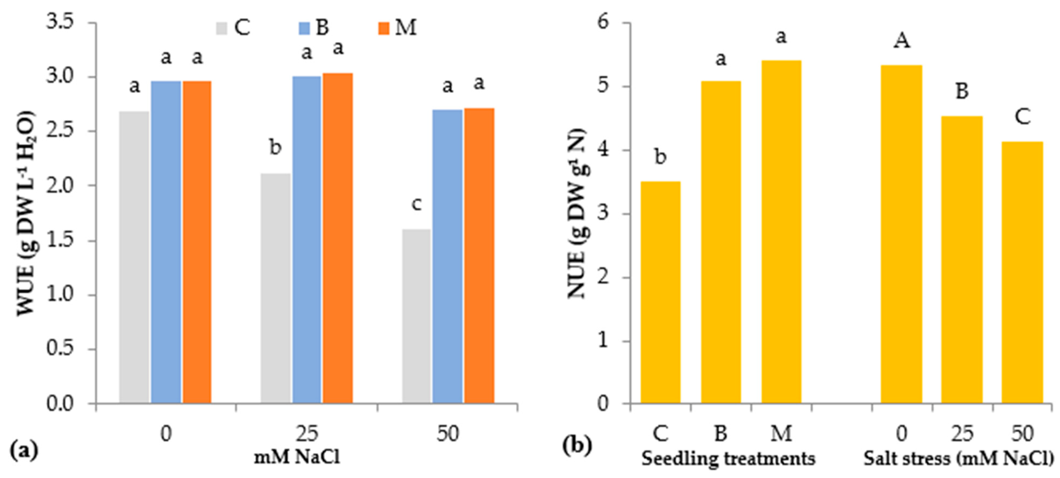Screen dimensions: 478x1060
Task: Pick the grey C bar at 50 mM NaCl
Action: [416, 317]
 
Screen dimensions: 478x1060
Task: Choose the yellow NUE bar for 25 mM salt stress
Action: [962, 259]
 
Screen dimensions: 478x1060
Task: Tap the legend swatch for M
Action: [384, 28]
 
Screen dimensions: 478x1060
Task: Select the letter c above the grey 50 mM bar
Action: [416, 204]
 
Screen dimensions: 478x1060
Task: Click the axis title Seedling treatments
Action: [728, 458]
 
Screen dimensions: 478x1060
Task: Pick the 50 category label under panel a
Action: [448, 434]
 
